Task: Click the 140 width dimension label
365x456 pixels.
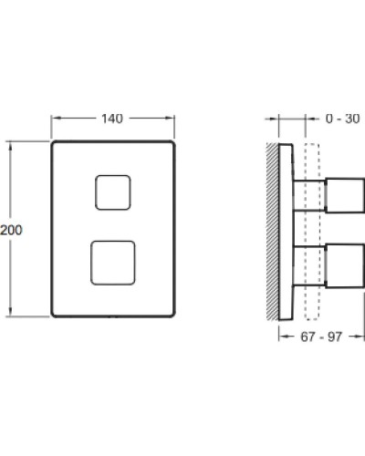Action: [x=112, y=119]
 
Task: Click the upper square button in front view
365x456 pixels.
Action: [x=112, y=192]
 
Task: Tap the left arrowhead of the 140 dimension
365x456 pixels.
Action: [x=54, y=119]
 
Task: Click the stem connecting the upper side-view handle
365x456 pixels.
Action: [x=308, y=193]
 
